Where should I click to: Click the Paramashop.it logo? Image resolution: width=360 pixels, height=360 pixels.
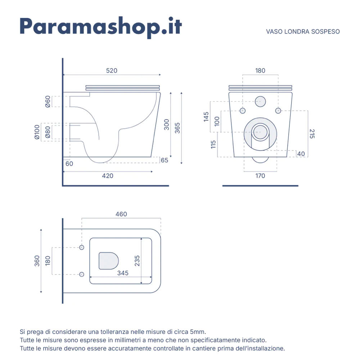pos(101,27)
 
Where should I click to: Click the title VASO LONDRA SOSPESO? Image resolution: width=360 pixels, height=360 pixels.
pos(303,32)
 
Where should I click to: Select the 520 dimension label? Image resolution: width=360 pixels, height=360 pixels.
pos(112,71)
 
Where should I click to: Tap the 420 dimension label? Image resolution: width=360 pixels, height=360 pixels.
pos(108,176)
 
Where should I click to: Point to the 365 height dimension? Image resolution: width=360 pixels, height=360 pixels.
pos(177,128)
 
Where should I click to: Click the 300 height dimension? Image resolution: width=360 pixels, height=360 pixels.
pos(166,125)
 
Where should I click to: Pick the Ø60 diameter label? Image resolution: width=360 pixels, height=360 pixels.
pos(48,102)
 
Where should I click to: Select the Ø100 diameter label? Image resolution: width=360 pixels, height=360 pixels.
pos(37,132)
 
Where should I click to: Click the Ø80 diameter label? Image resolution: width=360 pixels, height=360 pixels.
pos(48,132)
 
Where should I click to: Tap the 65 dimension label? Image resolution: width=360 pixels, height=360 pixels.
pos(165,160)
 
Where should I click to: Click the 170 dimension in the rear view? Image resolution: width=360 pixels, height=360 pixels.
pos(260,176)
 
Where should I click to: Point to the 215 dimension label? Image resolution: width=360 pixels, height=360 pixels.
pos(312,134)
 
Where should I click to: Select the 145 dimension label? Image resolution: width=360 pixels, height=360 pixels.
pos(206,117)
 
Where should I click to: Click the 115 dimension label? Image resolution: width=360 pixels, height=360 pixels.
pos(213,144)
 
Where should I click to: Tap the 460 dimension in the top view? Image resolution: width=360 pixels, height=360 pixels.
pos(121,214)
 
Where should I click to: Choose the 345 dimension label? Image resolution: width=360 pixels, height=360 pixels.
pos(123,273)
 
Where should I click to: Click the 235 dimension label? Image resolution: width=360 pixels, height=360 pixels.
pos(137,261)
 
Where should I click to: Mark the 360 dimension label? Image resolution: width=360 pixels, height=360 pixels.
pos(37,261)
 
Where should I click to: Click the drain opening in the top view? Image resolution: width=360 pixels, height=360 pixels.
pos(109,261)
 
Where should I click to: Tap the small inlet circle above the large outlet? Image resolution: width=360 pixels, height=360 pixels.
pos(260,102)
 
